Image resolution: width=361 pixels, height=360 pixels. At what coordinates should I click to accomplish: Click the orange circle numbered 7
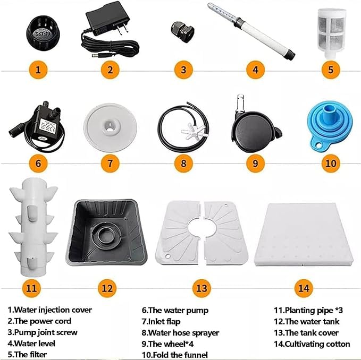tap(110, 164)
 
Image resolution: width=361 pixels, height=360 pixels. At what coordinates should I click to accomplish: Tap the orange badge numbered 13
tap(202, 288)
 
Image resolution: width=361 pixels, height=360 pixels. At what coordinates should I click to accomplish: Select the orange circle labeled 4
tap(255, 70)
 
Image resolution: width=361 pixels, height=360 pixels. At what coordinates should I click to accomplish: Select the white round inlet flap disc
tap(110, 127)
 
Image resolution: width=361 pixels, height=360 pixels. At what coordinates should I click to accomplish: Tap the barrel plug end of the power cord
tap(97, 55)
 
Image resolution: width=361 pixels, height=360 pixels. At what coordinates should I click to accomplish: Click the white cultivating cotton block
tap(304, 235)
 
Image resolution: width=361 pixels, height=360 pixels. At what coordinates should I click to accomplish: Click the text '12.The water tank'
tap(306, 321)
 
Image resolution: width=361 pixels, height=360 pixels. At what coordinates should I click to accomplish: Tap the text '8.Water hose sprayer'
tap(180, 332)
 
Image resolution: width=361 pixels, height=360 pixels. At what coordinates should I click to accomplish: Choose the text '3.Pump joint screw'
tap(43, 332)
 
